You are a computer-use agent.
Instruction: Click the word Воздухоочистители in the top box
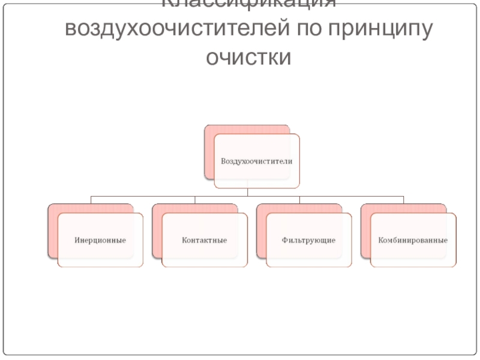point(256,161)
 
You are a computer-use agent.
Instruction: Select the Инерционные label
point(100,240)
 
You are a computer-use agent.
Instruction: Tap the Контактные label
point(204,240)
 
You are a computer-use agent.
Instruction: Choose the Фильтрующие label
point(308,240)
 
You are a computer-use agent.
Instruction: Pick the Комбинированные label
point(413,240)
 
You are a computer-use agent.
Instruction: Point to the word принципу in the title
point(380,30)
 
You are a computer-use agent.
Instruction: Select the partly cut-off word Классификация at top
point(248,4)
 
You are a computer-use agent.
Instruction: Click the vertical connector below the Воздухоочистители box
point(248,191)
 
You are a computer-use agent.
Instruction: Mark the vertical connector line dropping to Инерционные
point(91,200)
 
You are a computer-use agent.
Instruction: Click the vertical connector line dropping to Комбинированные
point(404,200)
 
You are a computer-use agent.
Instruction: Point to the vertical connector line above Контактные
point(196,200)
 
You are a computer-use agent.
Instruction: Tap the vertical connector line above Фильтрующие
point(300,200)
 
